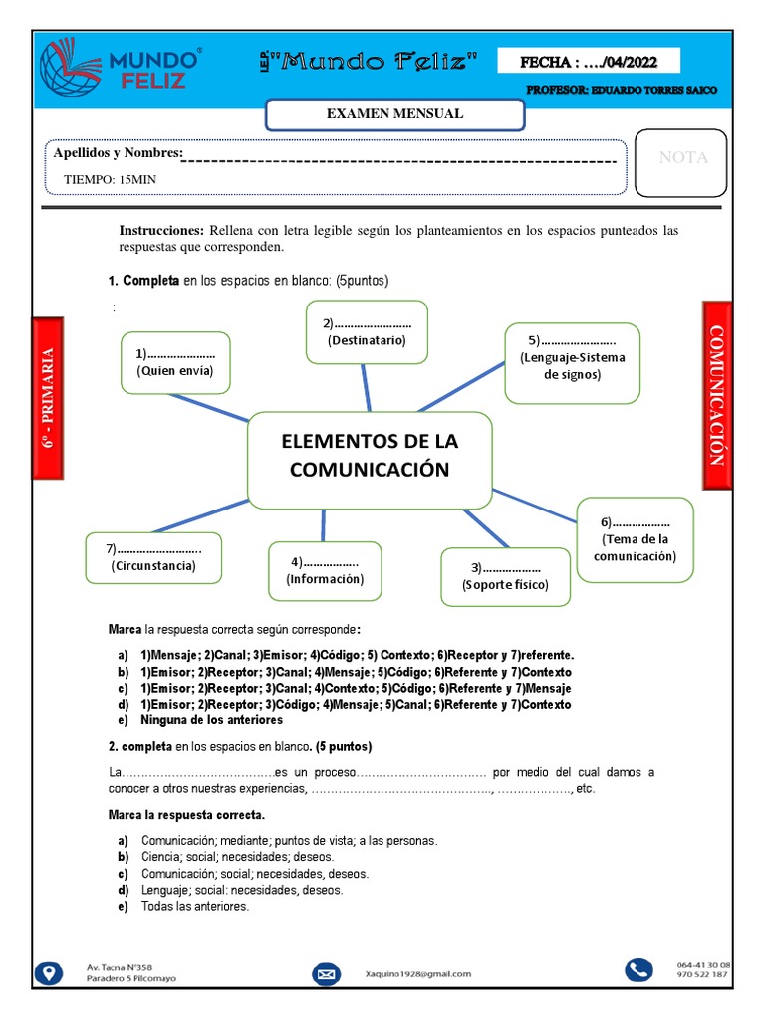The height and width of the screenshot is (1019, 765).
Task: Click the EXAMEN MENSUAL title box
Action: click(x=394, y=114)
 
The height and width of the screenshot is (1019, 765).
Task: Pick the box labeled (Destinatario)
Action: click(x=367, y=332)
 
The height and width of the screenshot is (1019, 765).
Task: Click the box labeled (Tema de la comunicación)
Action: click(x=635, y=539)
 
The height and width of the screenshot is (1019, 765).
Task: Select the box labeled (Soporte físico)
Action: click(x=505, y=576)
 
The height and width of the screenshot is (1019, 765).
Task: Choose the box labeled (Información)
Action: click(x=325, y=570)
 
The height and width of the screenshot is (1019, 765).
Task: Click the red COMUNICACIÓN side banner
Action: click(x=717, y=394)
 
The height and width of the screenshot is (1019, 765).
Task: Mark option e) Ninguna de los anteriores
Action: click(x=211, y=719)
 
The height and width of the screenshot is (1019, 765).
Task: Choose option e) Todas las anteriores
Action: click(x=194, y=907)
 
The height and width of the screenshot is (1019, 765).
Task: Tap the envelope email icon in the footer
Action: click(x=326, y=973)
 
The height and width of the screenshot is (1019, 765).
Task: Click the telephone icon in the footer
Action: click(x=637, y=970)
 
